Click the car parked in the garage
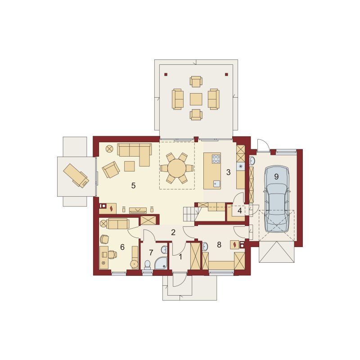276,199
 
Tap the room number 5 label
133,185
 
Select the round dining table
177,168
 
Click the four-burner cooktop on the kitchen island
216,159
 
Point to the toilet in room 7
147,265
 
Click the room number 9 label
276,176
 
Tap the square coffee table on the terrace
196,99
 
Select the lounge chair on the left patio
76,175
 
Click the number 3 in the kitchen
228,172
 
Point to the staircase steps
190,213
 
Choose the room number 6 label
122,247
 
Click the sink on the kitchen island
216,184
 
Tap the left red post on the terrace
166,74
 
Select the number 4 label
240,211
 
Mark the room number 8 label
219,245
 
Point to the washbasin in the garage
252,161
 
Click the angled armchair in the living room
111,170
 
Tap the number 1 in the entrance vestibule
180,257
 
